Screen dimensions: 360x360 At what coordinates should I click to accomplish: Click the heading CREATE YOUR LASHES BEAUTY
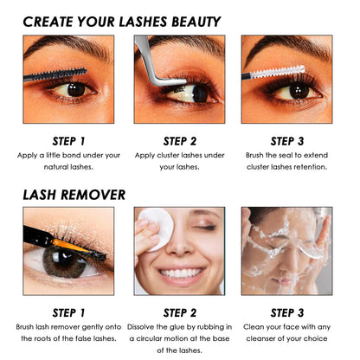pyautogui.click(x=122, y=22)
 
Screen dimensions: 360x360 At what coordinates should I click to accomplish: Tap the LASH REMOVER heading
pyautogui.click(x=74, y=195)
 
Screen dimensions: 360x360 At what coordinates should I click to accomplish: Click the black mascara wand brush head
pyautogui.click(x=66, y=73)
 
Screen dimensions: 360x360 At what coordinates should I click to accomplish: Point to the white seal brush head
pyautogui.click(x=278, y=72)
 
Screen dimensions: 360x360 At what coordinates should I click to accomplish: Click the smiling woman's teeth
pyautogui.click(x=180, y=273)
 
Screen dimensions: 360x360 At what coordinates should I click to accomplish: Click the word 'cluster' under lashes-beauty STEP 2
pyautogui.click(x=168, y=155)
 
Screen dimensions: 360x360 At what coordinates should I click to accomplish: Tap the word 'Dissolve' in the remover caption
pyautogui.click(x=140, y=327)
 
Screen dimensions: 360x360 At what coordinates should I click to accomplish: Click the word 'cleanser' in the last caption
pyautogui.click(x=260, y=338)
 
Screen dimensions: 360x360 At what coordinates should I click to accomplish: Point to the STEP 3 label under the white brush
pyautogui.click(x=287, y=141)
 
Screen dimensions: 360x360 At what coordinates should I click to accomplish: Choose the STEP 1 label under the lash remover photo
pyautogui.click(x=68, y=313)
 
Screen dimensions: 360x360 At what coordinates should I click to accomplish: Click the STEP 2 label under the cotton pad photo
pyautogui.click(x=180, y=313)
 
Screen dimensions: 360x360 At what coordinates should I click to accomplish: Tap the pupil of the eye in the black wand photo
pyautogui.click(x=76, y=90)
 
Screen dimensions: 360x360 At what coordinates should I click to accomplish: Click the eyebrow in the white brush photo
pyautogui.click(x=288, y=48)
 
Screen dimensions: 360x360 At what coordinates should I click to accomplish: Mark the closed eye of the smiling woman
pyautogui.click(x=205, y=228)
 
